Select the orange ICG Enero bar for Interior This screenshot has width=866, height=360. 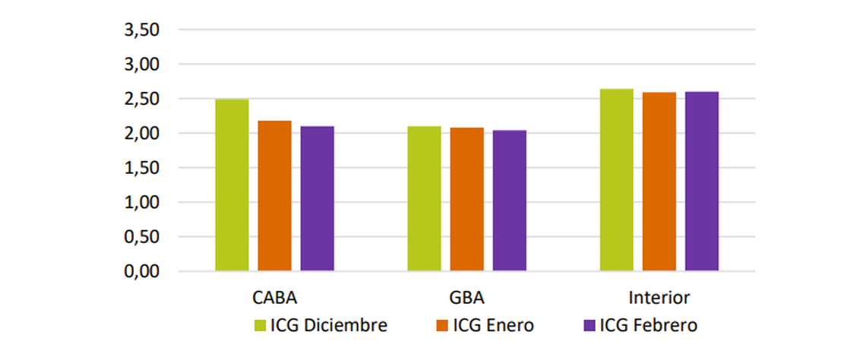pyautogui.click(x=659, y=182)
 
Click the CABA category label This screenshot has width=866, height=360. pyautogui.click(x=274, y=296)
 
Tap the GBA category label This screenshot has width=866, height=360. pyautogui.click(x=466, y=296)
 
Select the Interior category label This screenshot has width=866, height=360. pyautogui.click(x=659, y=296)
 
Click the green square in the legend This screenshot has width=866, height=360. pyautogui.click(x=261, y=326)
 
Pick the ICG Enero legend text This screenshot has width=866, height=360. pyautogui.click(x=493, y=326)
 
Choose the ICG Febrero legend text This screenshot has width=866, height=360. pyautogui.click(x=648, y=326)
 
